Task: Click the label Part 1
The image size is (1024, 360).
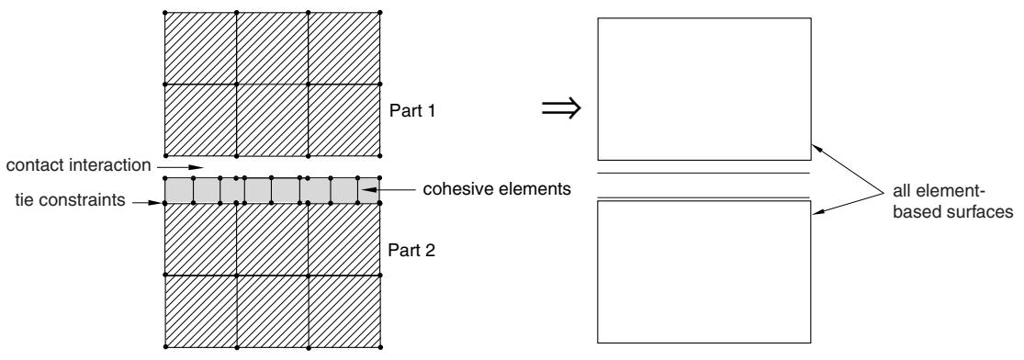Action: click(412, 110)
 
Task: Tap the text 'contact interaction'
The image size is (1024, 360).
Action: click(78, 165)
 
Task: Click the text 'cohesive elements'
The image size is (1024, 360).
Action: click(497, 189)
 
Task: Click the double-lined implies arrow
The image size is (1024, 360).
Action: click(561, 109)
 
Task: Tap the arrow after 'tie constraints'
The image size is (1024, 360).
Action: click(147, 203)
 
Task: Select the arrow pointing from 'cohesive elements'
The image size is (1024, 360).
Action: click(388, 190)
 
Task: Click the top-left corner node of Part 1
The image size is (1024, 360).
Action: click(164, 12)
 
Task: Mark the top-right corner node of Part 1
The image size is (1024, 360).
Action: click(380, 12)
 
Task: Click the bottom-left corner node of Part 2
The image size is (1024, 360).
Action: click(164, 345)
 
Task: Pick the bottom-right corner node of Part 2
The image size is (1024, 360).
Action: click(380, 345)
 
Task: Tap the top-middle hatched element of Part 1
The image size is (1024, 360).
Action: click(273, 48)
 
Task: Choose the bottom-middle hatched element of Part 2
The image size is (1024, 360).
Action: click(273, 310)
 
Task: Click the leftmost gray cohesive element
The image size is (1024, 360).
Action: click(180, 190)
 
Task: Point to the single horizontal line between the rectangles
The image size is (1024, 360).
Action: click(704, 174)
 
